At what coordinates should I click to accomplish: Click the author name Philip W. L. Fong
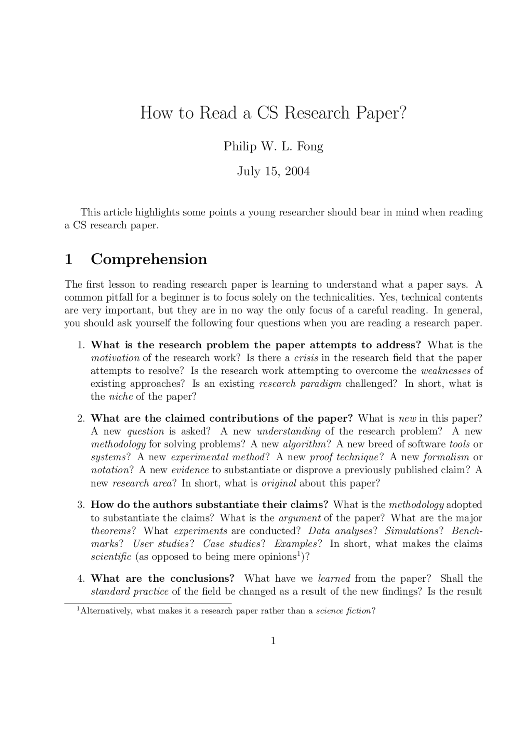273,146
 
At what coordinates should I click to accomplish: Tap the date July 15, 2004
273,171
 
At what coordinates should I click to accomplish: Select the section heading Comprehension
149,259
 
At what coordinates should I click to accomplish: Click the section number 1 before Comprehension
69,259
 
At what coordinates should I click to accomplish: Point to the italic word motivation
115,358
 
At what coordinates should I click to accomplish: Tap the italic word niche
121,397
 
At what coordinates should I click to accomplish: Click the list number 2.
81,418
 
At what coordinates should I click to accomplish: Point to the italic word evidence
190,470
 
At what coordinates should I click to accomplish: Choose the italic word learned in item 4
334,579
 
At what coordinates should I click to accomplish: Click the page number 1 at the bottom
273,641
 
